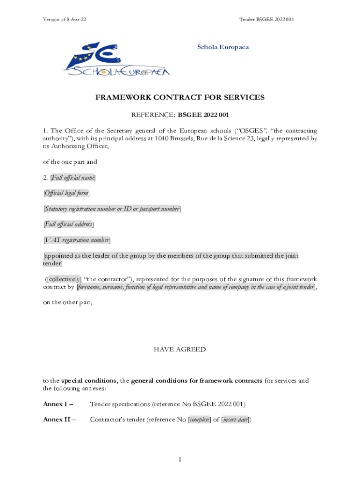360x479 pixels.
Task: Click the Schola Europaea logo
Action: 117,58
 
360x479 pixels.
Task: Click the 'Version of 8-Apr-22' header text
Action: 65,19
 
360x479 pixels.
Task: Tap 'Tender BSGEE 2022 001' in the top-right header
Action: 266,19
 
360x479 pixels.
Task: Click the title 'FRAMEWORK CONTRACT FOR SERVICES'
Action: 180,97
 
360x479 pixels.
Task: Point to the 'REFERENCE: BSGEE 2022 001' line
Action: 180,115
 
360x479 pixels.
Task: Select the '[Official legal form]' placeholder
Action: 66,193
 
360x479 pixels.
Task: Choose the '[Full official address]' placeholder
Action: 69,225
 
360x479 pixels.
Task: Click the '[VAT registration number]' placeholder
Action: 77,240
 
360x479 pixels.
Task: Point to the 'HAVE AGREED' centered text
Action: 180,349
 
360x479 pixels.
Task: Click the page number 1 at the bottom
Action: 180,460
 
